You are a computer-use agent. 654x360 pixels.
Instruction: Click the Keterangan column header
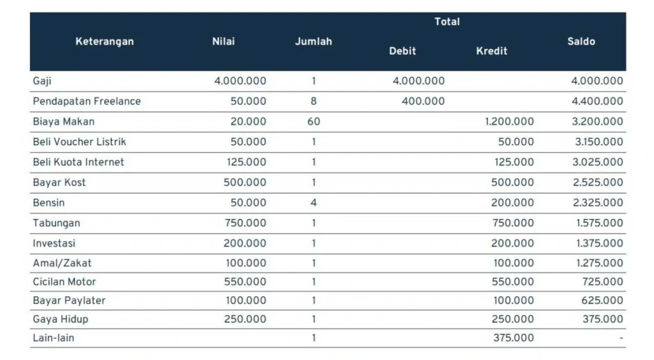[105, 41]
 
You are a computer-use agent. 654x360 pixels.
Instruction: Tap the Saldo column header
[581, 41]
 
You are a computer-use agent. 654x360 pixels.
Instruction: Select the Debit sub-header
[402, 51]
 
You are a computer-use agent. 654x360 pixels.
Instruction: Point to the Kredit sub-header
[492, 51]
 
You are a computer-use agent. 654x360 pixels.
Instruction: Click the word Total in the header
[447, 22]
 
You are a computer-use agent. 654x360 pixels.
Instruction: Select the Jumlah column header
[313, 41]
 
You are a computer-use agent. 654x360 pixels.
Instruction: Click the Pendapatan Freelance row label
[87, 101]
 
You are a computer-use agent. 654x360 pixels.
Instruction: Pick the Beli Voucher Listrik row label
[80, 142]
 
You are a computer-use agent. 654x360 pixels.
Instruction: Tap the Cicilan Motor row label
[65, 281]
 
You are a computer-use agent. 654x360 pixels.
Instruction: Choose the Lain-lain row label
[54, 338]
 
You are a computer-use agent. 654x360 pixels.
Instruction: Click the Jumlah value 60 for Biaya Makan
[314, 121]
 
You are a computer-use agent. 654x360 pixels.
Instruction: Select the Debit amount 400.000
[423, 101]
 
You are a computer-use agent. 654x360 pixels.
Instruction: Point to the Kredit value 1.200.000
[509, 121]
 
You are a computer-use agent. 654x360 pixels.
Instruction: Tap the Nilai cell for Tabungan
[245, 223]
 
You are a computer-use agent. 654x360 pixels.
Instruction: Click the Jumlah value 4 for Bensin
[314, 203]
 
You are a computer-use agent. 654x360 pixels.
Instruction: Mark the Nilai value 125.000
[246, 162]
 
